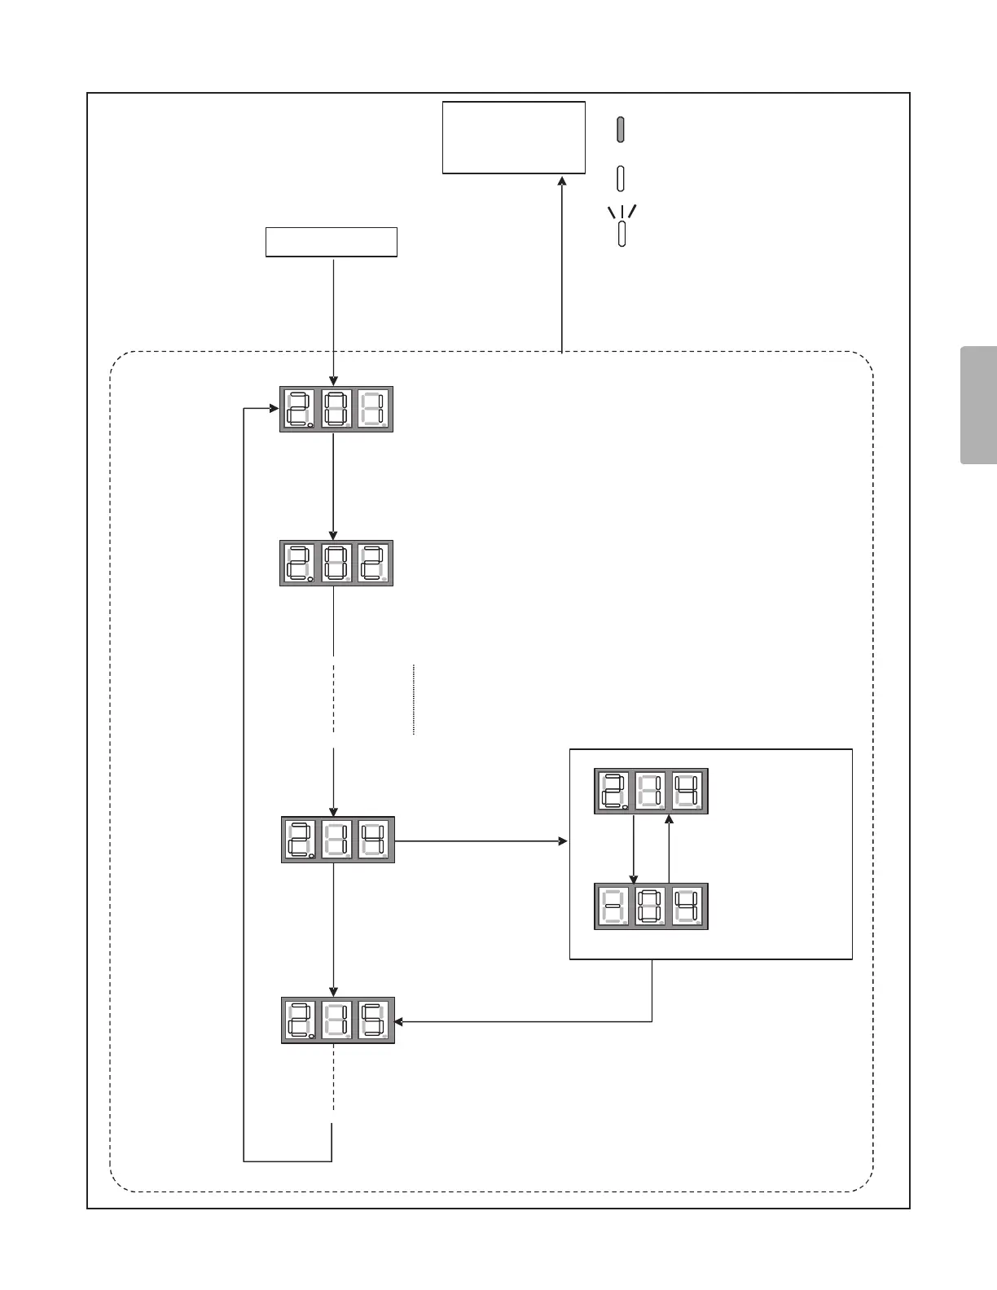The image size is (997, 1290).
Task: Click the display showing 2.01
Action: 336,409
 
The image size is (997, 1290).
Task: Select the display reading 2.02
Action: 336,563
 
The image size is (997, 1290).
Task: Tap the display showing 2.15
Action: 337,1020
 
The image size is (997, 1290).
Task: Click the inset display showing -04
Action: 651,906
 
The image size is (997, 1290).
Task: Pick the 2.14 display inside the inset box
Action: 651,791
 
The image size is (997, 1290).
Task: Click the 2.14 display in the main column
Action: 337,840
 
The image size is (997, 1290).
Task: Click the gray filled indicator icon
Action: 621,129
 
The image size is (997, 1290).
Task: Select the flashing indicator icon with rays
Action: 621,228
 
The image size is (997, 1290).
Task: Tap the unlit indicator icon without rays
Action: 621,178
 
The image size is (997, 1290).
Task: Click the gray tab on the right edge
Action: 979,405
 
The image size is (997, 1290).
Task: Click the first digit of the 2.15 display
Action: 300,1020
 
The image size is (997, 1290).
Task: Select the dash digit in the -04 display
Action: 613,906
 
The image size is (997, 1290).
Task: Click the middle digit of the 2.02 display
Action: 336,563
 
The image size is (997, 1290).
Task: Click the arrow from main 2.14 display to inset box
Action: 481,840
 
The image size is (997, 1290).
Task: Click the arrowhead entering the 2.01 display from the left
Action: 275,408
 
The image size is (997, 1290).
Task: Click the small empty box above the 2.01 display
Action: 332,242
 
